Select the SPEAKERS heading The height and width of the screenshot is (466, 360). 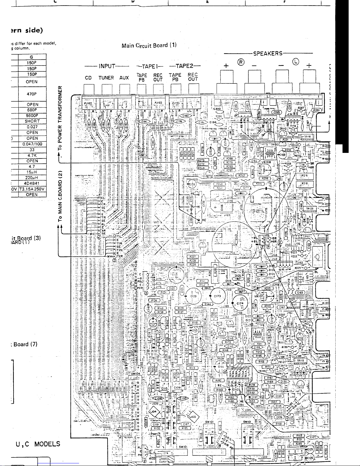pos(268,54)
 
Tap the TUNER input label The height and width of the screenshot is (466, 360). pos(106,78)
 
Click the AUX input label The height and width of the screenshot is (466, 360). pos(124,78)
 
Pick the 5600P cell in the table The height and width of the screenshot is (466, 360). pos(32,116)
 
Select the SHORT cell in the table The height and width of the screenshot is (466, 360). pos(32,121)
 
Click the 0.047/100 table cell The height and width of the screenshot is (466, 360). pos(32,144)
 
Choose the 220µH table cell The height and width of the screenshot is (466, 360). pos(32,178)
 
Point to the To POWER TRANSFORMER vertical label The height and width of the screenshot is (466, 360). pos(60,118)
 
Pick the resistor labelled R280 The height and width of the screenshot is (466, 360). pos(215,272)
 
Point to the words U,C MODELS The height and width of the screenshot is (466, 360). pos(38,444)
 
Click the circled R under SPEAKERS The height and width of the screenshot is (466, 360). pos(241,62)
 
